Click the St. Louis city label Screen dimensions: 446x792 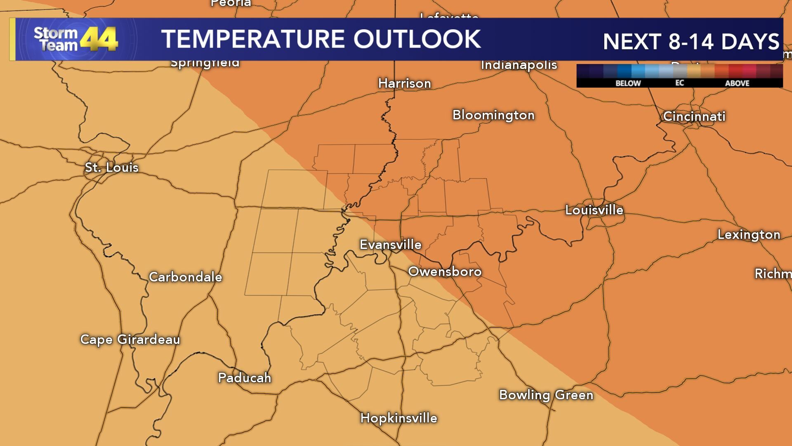pos(111,167)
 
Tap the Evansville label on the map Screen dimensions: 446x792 pos(390,244)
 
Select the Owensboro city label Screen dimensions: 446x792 pos(445,271)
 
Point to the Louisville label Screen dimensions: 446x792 pos(594,210)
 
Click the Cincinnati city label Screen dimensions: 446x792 pos(694,116)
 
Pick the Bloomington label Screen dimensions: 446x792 pos(493,115)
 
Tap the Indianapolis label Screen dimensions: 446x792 pos(519,65)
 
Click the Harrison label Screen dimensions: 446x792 pos(404,83)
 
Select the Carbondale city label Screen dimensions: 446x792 pos(185,277)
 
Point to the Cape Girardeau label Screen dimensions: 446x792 pos(130,339)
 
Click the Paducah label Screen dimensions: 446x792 pos(244,377)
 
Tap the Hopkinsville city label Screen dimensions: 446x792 pos(398,418)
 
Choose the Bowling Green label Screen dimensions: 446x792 pos(546,395)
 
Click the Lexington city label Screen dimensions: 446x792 pos(749,235)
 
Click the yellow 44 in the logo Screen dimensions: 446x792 pos(99,40)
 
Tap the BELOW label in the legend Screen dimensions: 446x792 pos(628,83)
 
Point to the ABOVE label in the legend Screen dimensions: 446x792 pos(737,83)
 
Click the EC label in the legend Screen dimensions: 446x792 pos(679,83)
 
